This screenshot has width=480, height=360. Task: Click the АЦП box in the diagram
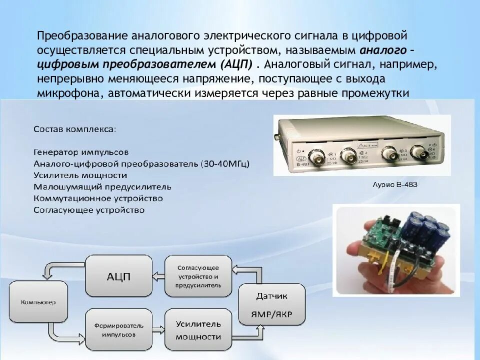click(118, 276)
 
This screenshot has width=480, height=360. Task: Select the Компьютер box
click(38, 302)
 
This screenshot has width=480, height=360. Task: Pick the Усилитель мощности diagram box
click(198, 329)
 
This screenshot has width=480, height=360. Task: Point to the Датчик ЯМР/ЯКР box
click(271, 305)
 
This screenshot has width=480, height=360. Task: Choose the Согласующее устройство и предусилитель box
click(198, 276)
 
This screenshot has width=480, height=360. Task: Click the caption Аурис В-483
click(395, 185)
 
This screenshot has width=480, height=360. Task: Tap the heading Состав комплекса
click(74, 129)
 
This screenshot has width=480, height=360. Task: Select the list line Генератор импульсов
click(81, 151)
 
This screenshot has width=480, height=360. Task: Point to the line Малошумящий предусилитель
click(102, 187)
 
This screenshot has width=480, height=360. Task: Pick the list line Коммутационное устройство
click(98, 198)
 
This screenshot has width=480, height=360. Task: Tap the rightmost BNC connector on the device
click(418, 153)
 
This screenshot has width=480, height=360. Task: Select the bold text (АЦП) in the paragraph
click(235, 65)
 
